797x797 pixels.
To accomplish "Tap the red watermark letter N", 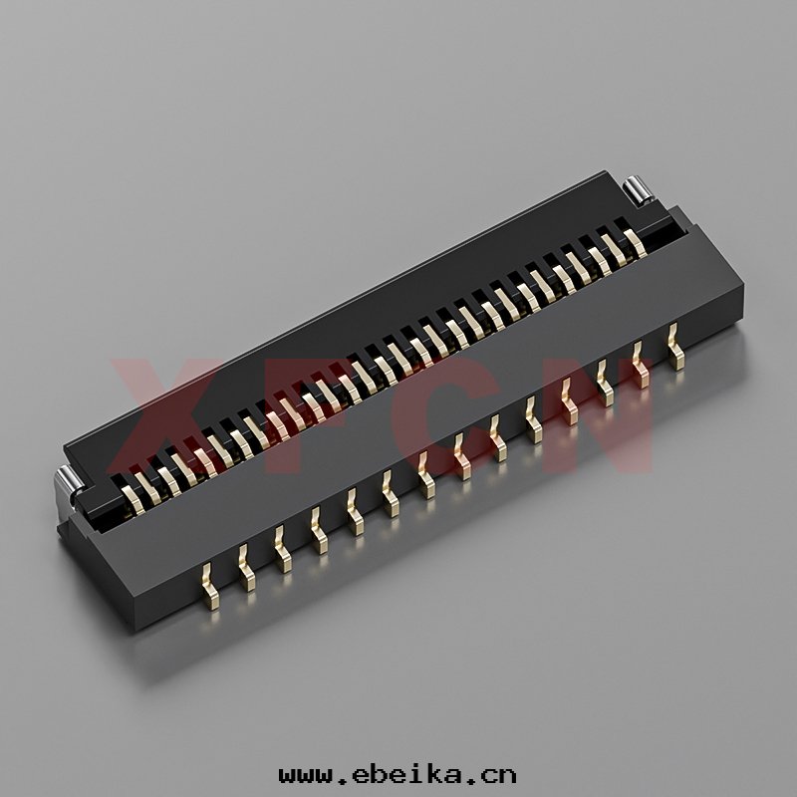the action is pos(595,414).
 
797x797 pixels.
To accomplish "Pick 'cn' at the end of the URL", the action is pos(497,776).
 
